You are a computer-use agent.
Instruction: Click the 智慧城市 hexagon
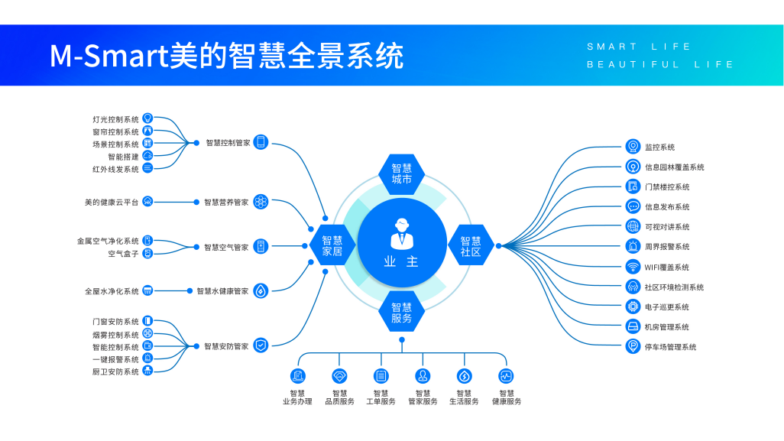(401, 173)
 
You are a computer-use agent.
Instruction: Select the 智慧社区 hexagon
(471, 245)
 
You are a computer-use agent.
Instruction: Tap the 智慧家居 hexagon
(332, 245)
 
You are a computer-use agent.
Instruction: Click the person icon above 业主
(401, 232)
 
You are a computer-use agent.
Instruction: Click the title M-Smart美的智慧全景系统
(227, 56)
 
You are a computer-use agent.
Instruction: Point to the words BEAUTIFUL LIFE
(660, 65)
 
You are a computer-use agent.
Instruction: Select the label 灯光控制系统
(115, 119)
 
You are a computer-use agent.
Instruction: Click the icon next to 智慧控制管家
(261, 142)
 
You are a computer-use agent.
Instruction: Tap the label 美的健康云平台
(112, 203)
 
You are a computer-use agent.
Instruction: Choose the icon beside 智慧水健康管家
(261, 290)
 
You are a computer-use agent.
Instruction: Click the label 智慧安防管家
(226, 346)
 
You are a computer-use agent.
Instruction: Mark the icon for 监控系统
(633, 147)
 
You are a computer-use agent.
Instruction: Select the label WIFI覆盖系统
(666, 268)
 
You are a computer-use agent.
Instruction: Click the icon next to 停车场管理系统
(633, 347)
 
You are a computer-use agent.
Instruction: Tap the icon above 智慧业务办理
(297, 376)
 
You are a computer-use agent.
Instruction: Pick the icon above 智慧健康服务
(506, 376)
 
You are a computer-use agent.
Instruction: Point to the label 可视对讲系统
(666, 227)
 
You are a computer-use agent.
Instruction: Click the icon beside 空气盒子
(147, 253)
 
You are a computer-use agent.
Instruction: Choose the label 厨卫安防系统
(115, 372)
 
